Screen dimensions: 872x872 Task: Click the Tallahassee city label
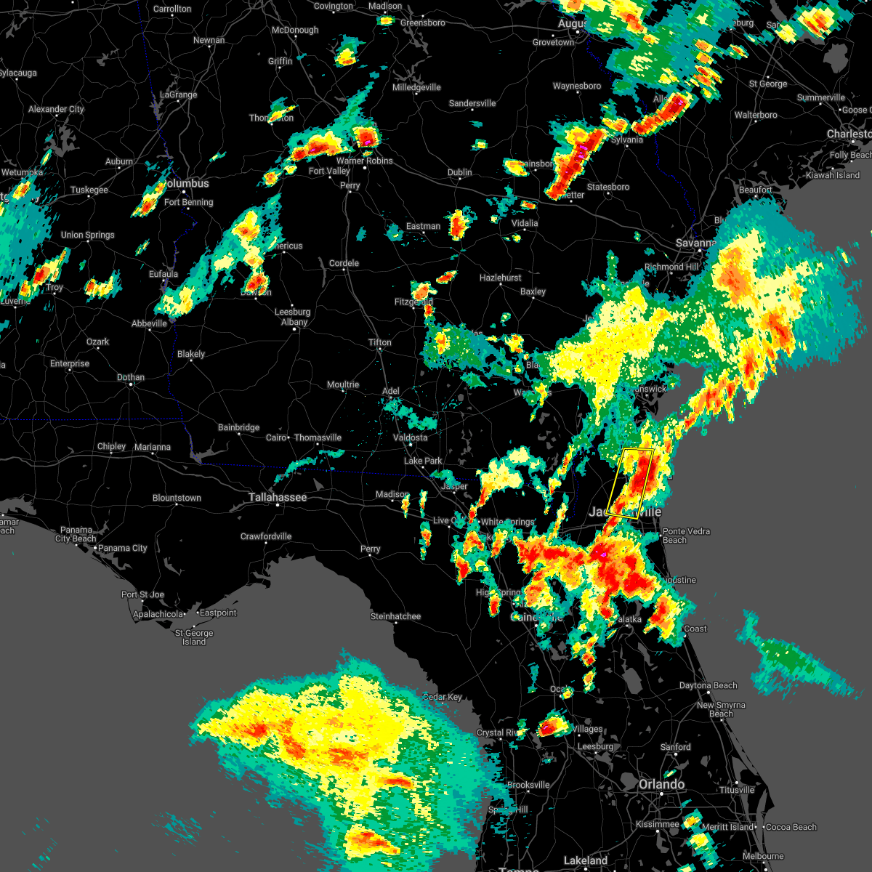(x=278, y=498)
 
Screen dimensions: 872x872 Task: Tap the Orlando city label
(x=661, y=785)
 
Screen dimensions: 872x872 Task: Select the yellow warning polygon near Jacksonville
(x=630, y=483)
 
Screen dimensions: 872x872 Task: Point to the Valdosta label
(x=410, y=437)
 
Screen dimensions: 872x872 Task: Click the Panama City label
(x=123, y=548)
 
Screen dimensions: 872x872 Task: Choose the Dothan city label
(x=131, y=377)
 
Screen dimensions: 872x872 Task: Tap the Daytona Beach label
(x=708, y=685)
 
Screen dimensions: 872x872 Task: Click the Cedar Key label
(x=443, y=697)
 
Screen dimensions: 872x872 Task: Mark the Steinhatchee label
(x=395, y=616)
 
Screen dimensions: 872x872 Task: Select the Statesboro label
(x=608, y=187)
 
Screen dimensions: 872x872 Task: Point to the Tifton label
(x=379, y=342)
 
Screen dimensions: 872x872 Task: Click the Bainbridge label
(x=238, y=427)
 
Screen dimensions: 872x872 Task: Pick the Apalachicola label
(x=158, y=615)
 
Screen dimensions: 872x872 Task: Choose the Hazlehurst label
(x=501, y=278)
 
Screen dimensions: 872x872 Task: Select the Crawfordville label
(x=266, y=536)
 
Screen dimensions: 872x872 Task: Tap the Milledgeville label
(x=416, y=87)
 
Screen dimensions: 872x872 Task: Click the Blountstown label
(x=177, y=498)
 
